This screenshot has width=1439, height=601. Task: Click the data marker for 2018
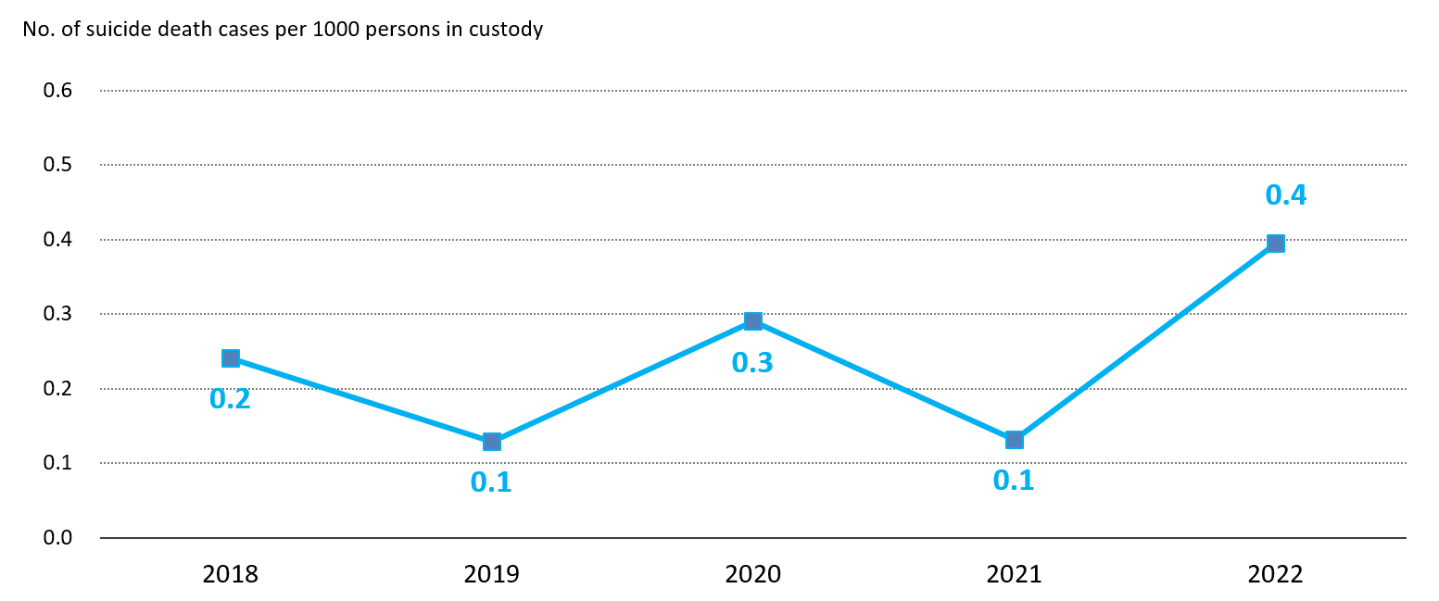click(x=231, y=358)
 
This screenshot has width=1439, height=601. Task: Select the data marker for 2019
click(x=492, y=442)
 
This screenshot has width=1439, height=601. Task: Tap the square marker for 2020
click(x=753, y=321)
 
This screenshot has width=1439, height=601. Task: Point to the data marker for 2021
click(x=1015, y=440)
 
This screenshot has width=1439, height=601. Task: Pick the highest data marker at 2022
click(x=1276, y=244)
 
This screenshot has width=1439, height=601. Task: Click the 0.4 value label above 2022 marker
click(x=1285, y=195)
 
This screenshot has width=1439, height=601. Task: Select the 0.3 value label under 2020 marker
click(x=751, y=363)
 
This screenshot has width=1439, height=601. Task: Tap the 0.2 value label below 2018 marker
click(x=230, y=399)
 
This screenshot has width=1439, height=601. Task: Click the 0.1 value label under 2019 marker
click(x=491, y=482)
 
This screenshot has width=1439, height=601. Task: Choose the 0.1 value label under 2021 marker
click(x=1014, y=481)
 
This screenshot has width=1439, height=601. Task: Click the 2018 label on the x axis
click(x=231, y=575)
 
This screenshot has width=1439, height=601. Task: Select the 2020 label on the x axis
click(x=753, y=575)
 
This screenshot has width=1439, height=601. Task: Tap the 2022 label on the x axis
click(x=1276, y=575)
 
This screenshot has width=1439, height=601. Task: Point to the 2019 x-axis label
click(x=492, y=575)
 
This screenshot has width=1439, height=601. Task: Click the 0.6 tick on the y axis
click(x=58, y=91)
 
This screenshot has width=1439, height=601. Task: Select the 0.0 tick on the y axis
click(x=58, y=538)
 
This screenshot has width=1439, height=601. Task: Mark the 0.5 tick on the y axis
click(x=58, y=165)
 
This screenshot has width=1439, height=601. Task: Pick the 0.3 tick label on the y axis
click(x=58, y=314)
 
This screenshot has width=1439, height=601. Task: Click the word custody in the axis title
click(x=507, y=30)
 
